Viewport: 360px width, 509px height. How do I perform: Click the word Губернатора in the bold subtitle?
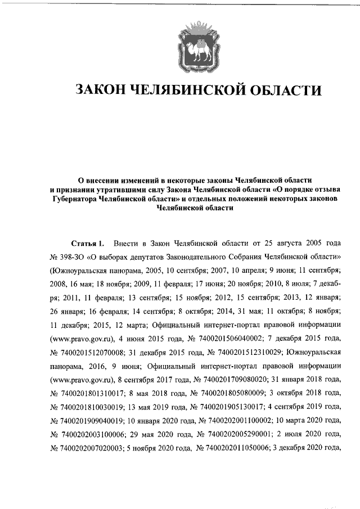pyautogui.click(x=73, y=199)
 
